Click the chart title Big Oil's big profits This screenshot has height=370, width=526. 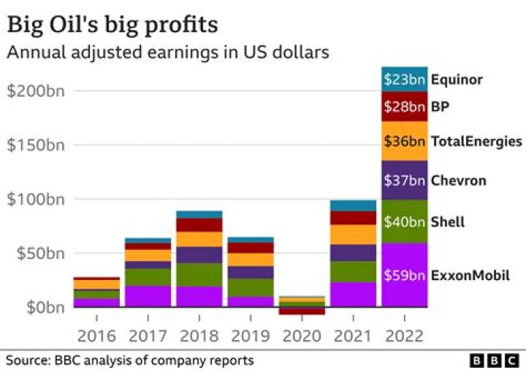coord(112,24)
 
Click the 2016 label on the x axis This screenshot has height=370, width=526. coord(96,337)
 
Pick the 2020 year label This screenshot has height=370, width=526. coord(301,337)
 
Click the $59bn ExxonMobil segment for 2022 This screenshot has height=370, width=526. coord(404,276)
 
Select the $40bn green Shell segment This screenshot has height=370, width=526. coord(404,222)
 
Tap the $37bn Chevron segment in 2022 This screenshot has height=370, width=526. coord(404,180)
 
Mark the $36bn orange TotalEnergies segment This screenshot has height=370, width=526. coord(404,141)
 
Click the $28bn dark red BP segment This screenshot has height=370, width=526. coord(404,107)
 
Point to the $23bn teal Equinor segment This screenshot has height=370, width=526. coord(404,79)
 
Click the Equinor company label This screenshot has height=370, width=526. coord(457,79)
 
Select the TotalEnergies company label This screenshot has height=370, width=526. coord(476,141)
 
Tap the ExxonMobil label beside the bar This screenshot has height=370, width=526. coord(470,276)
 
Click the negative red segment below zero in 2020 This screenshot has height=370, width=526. coord(301,311)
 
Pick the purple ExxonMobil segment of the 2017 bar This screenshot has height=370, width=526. coord(148,295)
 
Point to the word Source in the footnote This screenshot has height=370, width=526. coord(26,360)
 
